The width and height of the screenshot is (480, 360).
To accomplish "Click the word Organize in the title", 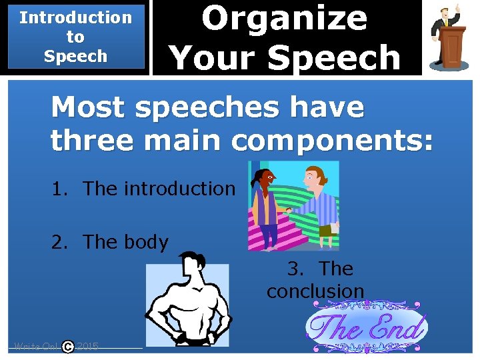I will pyautogui.click(x=284, y=18).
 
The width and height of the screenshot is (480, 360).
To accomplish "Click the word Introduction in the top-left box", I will pyautogui.click(x=75, y=18).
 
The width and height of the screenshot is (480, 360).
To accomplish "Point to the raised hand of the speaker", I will pyautogui.click(x=457, y=9).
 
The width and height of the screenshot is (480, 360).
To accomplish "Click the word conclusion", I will pyautogui.click(x=315, y=291).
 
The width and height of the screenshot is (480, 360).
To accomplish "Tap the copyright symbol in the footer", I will pyautogui.click(x=68, y=347).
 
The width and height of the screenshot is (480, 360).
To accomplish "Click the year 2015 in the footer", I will pyautogui.click(x=87, y=347).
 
